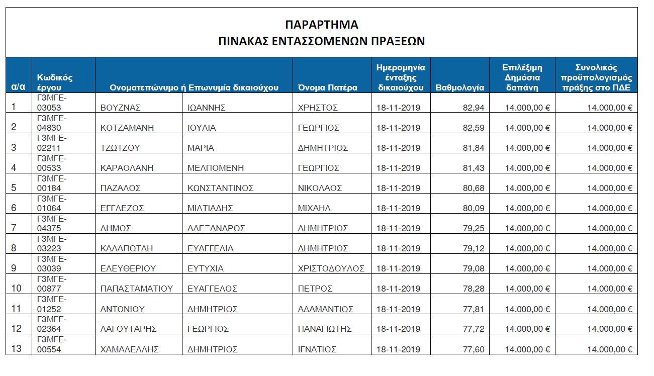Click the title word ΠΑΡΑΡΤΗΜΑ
[x=321, y=25]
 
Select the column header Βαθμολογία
[x=459, y=87]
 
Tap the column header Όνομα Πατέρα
[x=327, y=87]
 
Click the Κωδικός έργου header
[x=55, y=82]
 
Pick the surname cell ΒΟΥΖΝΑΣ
[x=120, y=108]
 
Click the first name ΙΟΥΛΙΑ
[x=202, y=128]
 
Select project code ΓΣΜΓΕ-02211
[x=52, y=143]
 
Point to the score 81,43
[x=473, y=168]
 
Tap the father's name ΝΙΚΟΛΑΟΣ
[x=320, y=189]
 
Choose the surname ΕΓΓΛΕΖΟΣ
[x=122, y=209]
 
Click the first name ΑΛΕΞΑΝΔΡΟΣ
[x=216, y=228]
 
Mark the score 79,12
[x=473, y=248]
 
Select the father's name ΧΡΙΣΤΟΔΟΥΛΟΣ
[x=331, y=268]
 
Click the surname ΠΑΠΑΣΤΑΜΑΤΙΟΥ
[x=137, y=289]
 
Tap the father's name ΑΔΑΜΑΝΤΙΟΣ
[x=325, y=309]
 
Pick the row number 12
[x=17, y=329]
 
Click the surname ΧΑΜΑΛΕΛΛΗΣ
[x=129, y=349]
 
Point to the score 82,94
[x=473, y=108]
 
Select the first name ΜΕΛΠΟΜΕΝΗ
[x=216, y=168]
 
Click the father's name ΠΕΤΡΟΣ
[x=315, y=289]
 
